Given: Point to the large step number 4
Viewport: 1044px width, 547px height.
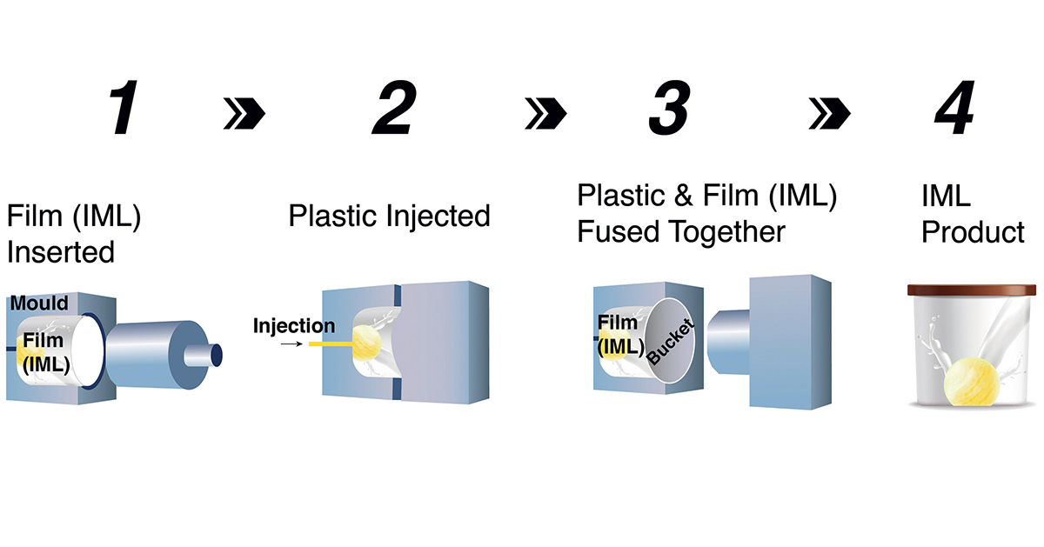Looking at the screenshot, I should point(954,110).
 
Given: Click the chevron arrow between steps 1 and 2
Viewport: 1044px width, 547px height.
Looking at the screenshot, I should point(244,113).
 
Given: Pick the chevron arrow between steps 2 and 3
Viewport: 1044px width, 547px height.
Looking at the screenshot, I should point(545,113).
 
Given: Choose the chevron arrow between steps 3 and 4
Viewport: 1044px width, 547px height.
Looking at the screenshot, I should point(829,113).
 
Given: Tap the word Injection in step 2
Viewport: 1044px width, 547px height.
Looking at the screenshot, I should point(294,327).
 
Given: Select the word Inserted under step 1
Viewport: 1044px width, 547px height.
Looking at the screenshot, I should point(61,252).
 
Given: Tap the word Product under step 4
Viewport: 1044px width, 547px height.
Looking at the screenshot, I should point(973,233).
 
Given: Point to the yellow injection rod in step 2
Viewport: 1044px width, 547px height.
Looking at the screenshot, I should point(328,344).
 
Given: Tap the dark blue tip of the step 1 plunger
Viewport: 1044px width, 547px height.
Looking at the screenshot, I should point(215,355).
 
